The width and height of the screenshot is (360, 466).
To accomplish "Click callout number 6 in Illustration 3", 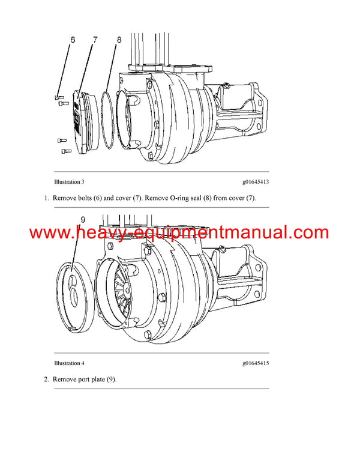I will [73, 40].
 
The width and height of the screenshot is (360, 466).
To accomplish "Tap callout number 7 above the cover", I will [94, 40].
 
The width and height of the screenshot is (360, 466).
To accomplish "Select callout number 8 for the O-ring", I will [119, 40].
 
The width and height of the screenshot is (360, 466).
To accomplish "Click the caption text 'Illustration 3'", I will [69, 181].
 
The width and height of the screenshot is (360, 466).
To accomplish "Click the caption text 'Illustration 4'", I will [69, 363].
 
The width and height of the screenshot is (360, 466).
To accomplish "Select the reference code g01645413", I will [255, 181].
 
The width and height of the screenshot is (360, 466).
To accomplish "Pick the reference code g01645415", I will [255, 363].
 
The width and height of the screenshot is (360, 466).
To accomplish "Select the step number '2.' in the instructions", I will [46, 380].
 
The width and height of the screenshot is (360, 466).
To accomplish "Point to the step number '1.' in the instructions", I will [46, 198].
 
